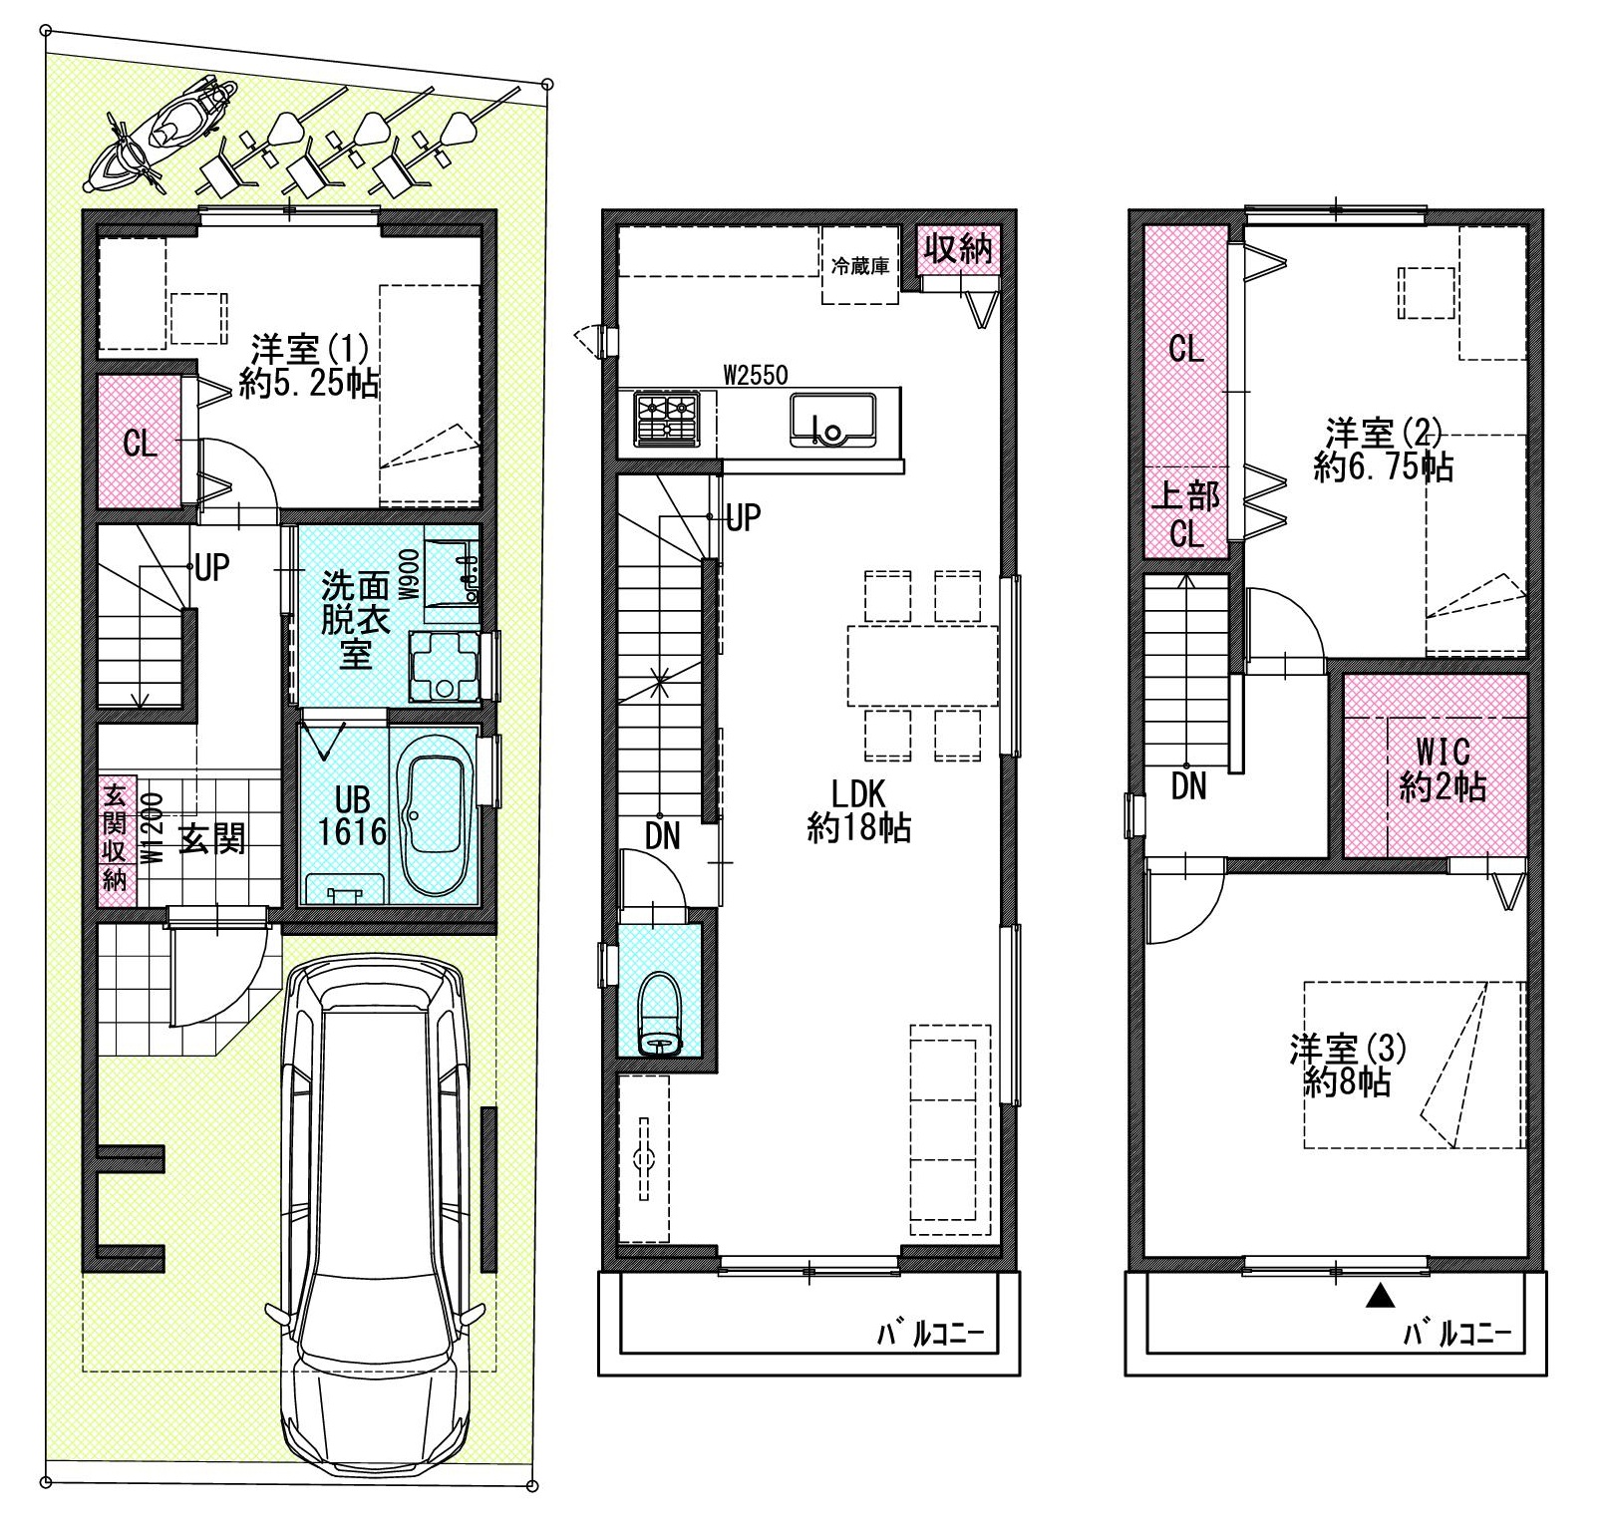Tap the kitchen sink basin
(x=832, y=421)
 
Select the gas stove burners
(x=667, y=419)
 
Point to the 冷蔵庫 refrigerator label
(x=860, y=267)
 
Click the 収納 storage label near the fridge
(x=958, y=247)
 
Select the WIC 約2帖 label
(x=1443, y=769)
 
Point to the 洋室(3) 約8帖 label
(x=1347, y=1066)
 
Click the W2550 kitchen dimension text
(x=756, y=375)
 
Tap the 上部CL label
(x=1186, y=514)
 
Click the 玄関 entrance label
(x=212, y=839)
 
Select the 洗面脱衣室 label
(x=355, y=620)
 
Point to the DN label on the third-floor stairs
(x=1188, y=787)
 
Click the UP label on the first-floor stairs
(x=211, y=568)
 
